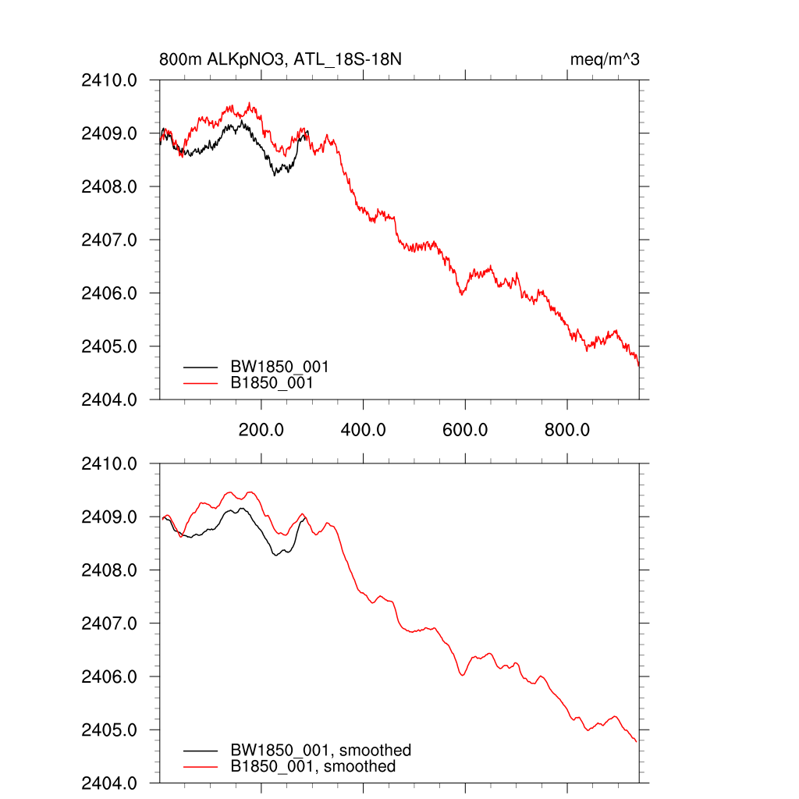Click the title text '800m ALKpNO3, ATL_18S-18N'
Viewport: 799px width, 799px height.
coord(280,60)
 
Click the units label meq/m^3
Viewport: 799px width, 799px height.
coord(605,60)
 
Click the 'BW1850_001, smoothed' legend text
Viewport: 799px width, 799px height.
coord(320,751)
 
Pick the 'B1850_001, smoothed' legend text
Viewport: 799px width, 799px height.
coord(313,767)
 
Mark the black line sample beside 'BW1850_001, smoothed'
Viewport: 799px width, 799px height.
coord(201,751)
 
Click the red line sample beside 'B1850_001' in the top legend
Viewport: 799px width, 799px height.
coord(201,383)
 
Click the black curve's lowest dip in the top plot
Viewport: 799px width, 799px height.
coord(275,175)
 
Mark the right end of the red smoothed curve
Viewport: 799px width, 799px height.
coord(637,741)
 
